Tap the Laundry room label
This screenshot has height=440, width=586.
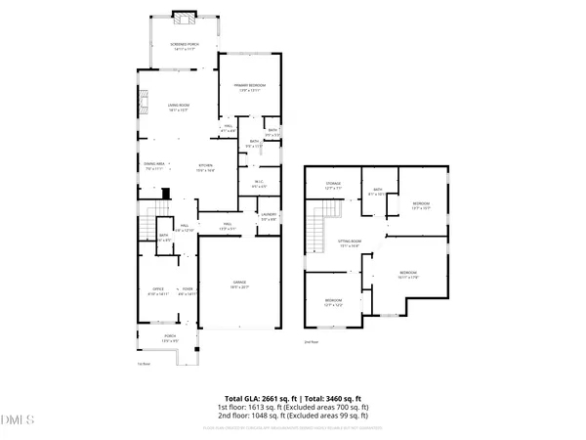[268, 217]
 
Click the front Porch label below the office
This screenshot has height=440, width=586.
[169, 339]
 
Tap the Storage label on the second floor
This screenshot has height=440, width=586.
[334, 186]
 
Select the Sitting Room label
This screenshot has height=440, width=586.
[344, 246]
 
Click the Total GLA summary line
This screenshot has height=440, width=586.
[293, 399]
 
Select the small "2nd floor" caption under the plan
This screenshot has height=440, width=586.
[311, 341]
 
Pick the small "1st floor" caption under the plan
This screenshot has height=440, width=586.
[143, 364]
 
